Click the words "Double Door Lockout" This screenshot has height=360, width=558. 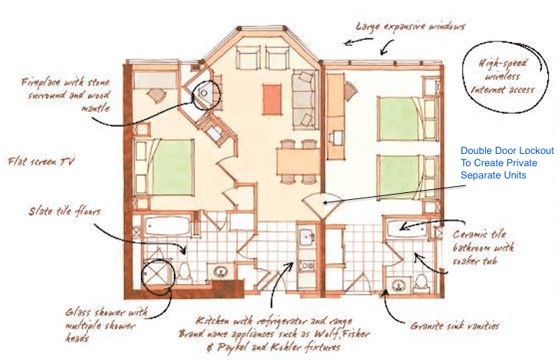[x=507, y=151]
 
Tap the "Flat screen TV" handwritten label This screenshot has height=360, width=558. [x=41, y=162]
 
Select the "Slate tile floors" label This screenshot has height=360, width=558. [x=64, y=211]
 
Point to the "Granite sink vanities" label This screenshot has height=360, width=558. [x=455, y=326]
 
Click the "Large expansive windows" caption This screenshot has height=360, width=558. [x=410, y=27]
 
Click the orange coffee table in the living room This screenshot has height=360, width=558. [x=272, y=100]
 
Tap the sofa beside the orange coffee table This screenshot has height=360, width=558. [x=304, y=100]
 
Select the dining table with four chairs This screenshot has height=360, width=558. [x=298, y=162]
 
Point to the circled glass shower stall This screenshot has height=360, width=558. [x=158, y=274]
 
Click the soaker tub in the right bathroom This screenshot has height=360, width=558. [x=407, y=228]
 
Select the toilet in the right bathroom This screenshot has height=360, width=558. [x=422, y=283]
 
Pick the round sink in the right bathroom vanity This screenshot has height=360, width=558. [x=398, y=286]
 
